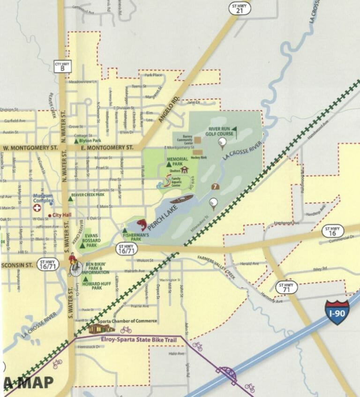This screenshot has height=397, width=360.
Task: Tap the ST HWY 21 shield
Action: point(240,8)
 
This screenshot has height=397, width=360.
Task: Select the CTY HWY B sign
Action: point(62,66)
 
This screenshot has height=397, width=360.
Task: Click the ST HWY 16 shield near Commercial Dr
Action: point(333,231)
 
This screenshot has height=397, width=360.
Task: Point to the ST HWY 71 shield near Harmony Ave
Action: point(286,287)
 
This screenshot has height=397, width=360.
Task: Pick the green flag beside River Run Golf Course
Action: point(234,129)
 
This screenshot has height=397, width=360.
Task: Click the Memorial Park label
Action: point(178,162)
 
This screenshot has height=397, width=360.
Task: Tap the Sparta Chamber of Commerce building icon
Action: point(99,328)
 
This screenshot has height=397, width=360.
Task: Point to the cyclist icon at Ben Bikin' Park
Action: point(74,265)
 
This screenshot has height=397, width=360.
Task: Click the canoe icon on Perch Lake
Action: point(181,200)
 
